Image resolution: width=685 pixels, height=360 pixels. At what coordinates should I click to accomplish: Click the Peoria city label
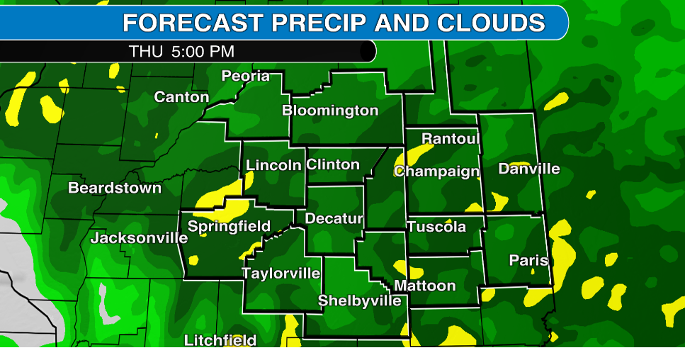[x=246, y=76]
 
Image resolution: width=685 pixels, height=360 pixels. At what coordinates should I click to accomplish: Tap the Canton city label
[x=181, y=97]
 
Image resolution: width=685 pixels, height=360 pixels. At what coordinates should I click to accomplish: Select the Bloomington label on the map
[x=330, y=111]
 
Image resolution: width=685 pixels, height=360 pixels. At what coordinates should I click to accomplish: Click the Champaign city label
[x=437, y=171]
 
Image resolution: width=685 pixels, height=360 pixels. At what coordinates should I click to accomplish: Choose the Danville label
[x=529, y=169]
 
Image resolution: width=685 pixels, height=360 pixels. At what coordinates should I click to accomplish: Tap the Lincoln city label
[x=273, y=165]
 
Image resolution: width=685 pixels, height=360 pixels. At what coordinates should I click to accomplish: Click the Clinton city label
[x=333, y=164]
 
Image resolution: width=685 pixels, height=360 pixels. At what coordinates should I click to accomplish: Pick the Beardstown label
[x=115, y=189]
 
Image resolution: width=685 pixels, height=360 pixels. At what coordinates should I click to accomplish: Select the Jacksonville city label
[x=139, y=238]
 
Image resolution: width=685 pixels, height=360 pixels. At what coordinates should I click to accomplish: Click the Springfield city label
[x=229, y=227]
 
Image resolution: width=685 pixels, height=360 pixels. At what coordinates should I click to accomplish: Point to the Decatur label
[x=334, y=218]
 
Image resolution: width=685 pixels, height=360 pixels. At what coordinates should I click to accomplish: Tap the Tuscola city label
[x=436, y=227]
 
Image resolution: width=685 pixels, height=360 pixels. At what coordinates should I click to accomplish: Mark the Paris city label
[x=528, y=261]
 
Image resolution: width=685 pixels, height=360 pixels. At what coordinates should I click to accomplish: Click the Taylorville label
[x=281, y=274]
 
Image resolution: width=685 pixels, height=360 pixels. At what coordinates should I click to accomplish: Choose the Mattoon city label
[x=425, y=286]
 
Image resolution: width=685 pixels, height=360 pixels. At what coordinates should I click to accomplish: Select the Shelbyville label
[x=359, y=300]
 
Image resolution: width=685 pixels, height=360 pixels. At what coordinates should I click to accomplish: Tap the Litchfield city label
[x=220, y=340]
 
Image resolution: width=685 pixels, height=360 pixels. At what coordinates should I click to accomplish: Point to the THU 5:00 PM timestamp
[x=181, y=52]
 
